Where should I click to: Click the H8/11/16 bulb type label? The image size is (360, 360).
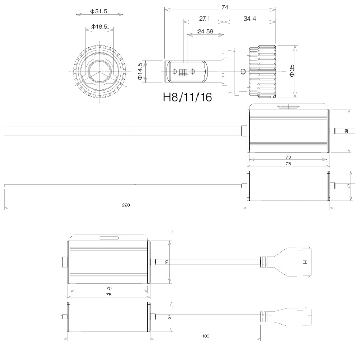187,97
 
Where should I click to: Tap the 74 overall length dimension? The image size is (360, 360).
225,7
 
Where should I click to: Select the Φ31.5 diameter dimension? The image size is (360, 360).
99,11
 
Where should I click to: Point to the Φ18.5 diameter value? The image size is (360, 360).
99,27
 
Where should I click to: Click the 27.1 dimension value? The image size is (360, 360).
204,19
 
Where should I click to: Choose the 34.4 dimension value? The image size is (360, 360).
249,19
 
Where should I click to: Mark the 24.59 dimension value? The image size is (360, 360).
206,31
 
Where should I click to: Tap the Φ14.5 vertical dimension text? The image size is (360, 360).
140,71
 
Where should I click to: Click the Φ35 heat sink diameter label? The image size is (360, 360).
292,70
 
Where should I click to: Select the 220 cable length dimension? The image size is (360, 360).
126,205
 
